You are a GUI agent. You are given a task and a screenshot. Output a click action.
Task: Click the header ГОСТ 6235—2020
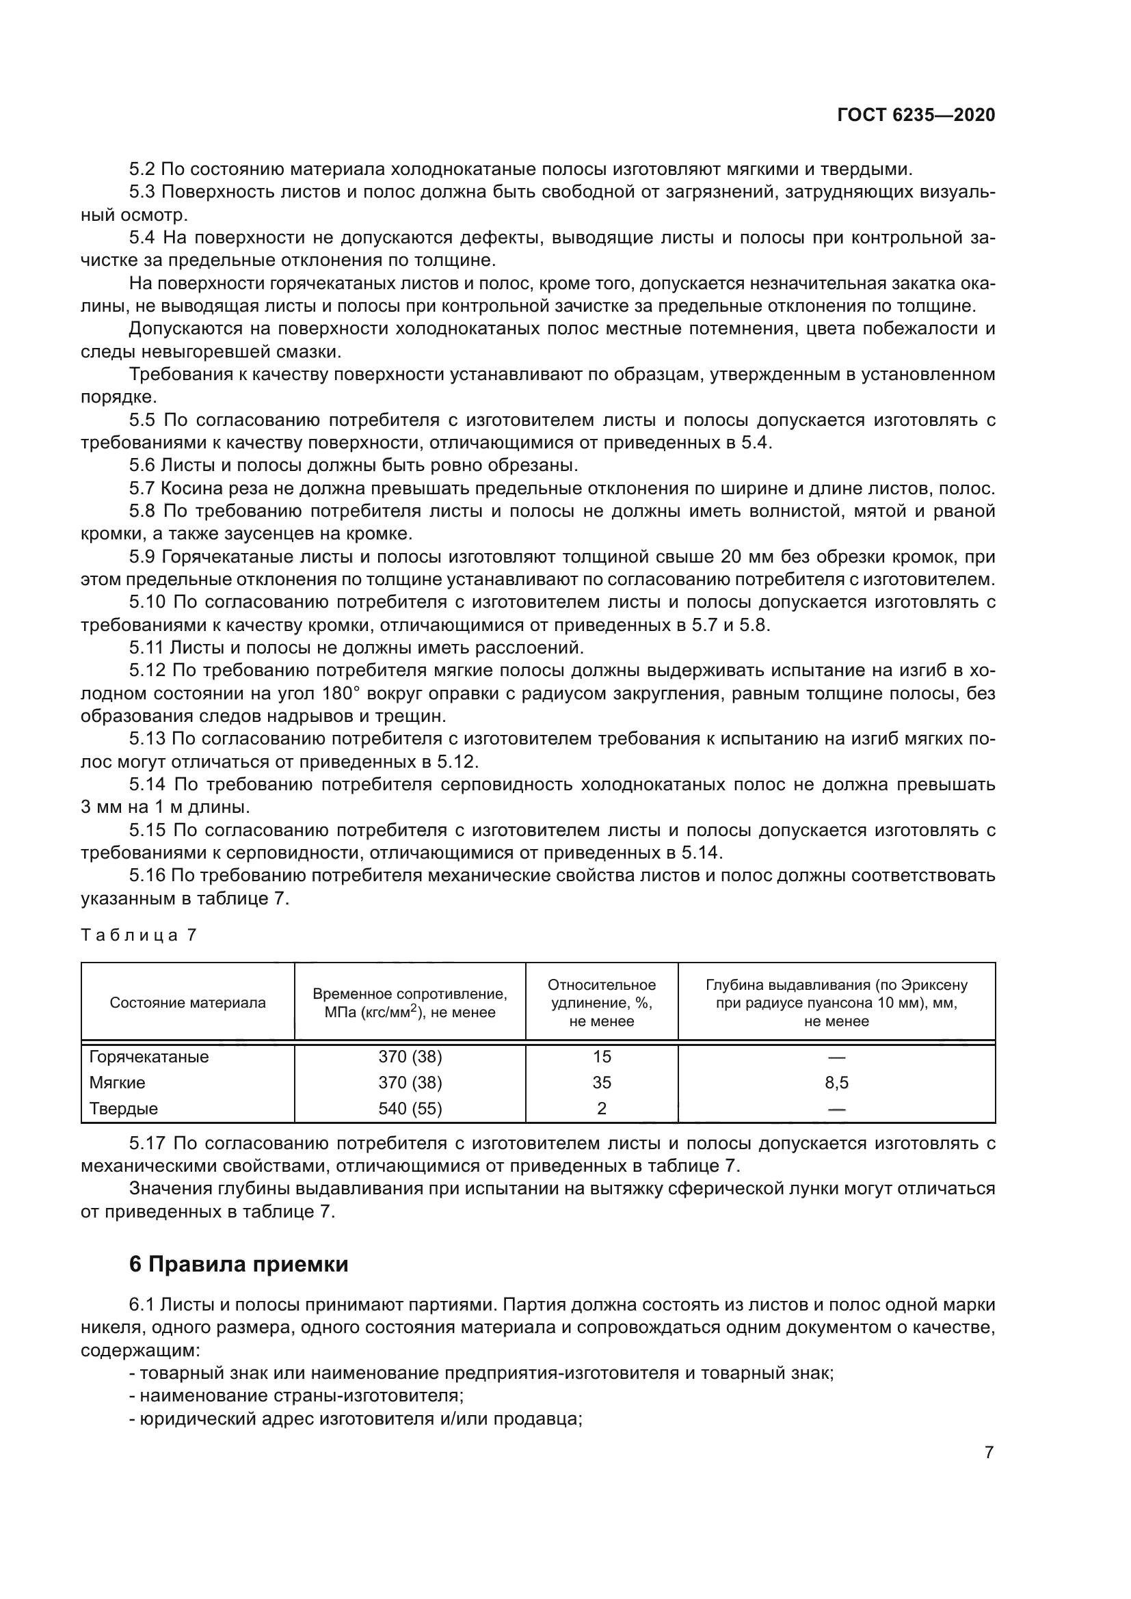(916, 116)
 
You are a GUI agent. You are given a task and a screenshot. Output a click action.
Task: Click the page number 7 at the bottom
(989, 1453)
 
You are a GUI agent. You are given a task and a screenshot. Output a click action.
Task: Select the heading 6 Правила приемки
(238, 1263)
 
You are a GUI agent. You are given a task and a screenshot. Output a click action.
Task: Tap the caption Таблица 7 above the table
(139, 935)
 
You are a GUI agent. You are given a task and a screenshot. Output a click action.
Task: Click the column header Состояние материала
(187, 1003)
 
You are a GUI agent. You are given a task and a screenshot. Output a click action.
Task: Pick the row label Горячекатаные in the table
(148, 1056)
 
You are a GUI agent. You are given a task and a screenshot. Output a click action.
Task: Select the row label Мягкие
(117, 1082)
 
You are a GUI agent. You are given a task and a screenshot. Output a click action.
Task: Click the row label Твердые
(123, 1108)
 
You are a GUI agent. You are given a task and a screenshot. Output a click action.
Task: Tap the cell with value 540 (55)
(410, 1108)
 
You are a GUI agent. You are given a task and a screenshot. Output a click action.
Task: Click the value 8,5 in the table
(836, 1082)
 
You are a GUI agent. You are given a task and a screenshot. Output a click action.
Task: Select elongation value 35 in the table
(601, 1082)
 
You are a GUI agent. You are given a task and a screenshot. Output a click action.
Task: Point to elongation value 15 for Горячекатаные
(601, 1056)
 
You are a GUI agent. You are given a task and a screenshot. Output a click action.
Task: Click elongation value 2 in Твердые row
(601, 1108)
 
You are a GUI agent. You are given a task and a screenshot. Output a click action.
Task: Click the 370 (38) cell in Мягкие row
(410, 1082)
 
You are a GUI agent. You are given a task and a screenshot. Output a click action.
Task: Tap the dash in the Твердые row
(836, 1109)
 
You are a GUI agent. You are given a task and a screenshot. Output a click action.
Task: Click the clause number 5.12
(147, 670)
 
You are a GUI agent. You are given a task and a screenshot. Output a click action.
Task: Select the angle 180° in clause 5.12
(340, 693)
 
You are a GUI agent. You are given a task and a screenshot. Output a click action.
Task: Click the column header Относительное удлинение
(601, 1003)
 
